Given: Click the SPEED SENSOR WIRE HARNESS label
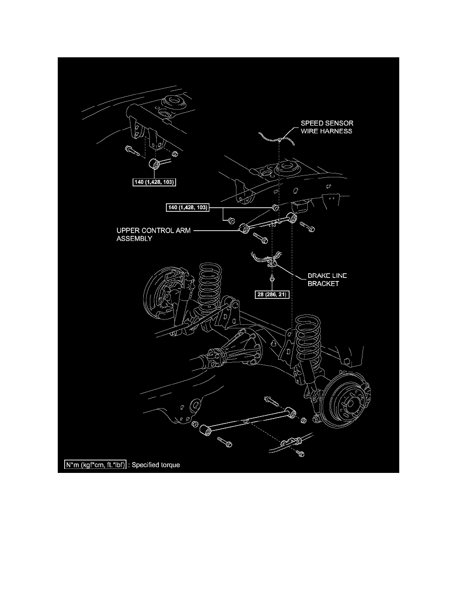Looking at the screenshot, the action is coord(327,127).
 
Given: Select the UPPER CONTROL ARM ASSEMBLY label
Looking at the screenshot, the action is coord(153,235).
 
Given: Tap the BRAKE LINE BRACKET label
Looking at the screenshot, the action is coord(327,280).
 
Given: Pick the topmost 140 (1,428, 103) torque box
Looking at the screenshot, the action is coord(155,182).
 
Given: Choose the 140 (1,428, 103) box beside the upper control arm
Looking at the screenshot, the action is coord(188,207).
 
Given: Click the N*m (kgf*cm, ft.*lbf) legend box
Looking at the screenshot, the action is coord(95,465).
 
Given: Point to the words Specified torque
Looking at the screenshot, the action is coord(156,465).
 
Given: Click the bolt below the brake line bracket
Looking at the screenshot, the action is coord(272,279).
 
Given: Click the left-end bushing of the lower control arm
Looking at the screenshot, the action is coord(205,429).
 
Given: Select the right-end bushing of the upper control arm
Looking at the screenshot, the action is coord(292,217).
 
